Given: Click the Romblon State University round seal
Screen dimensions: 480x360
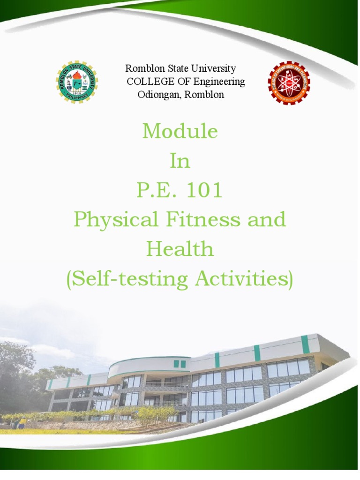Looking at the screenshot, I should (77, 82).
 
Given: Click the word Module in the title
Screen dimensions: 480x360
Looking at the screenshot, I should (180, 132).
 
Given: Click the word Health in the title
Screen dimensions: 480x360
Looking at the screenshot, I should (180, 249).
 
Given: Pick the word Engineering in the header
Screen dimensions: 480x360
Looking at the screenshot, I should (219, 82).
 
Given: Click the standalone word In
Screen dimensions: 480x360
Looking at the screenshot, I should (180, 161).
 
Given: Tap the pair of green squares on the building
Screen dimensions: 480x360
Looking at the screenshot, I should (180, 363).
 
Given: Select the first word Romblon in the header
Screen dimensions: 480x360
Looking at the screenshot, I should (142, 69).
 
